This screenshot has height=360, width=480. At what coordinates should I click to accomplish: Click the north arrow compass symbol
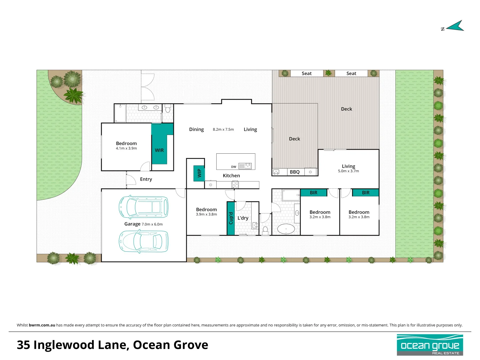click(455, 26)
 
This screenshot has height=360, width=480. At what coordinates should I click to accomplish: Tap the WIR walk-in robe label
click(159, 150)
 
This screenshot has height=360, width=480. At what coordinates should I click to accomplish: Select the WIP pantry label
click(199, 173)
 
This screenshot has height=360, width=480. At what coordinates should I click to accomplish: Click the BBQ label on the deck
click(295, 172)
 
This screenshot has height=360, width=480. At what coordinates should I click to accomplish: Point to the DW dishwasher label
click(234, 167)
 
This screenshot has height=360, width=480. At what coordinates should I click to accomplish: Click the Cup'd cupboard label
click(231, 218)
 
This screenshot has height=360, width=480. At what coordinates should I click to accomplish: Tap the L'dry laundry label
click(243, 218)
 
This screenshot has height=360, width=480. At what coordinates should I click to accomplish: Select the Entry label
click(146, 179)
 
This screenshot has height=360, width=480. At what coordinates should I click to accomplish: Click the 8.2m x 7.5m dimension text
click(223, 129)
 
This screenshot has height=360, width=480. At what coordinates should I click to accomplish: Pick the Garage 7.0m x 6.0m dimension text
click(152, 224)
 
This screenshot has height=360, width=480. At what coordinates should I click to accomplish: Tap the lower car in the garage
click(144, 241)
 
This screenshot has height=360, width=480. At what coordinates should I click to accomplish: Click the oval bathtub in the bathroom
click(286, 229)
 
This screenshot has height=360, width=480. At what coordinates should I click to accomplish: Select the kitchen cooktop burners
click(235, 184)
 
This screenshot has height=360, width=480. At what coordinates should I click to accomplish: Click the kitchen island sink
click(247, 165)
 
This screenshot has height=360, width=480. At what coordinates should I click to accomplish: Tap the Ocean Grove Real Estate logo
click(430, 345)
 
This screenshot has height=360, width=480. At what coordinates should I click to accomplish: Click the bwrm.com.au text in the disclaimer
click(42, 325)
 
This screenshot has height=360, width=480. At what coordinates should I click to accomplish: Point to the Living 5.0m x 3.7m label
click(348, 168)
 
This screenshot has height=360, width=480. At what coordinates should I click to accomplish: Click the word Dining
click(196, 129)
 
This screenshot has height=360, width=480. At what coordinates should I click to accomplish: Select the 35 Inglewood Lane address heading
click(112, 345)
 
